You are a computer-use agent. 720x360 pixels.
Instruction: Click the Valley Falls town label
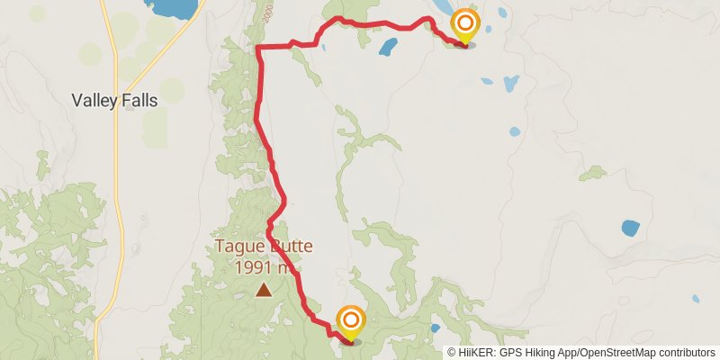click(114, 101)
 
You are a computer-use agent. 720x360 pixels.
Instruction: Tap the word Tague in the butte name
click(237, 247)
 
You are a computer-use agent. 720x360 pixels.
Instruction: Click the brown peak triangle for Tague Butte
click(263, 289)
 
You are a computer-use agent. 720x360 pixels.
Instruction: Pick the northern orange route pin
click(464, 26)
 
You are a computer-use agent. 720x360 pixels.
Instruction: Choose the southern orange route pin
click(350, 322)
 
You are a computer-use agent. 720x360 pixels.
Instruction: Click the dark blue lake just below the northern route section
click(388, 46)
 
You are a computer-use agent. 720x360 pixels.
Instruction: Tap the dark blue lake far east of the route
click(630, 227)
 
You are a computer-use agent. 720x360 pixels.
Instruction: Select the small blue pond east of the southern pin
click(435, 328)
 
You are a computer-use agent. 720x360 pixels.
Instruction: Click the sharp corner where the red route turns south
click(258, 47)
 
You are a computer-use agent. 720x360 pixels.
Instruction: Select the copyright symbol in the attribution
click(452, 353)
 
